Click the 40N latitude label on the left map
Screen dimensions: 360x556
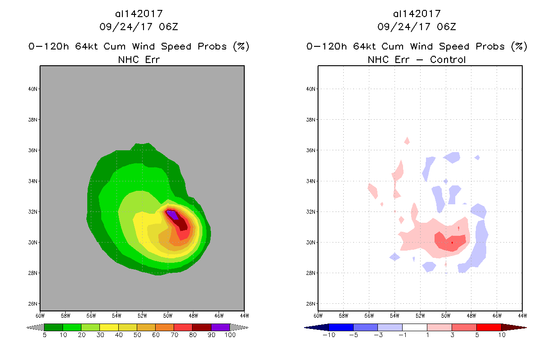[32, 89]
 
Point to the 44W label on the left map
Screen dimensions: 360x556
[244, 315]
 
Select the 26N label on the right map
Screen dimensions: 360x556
[310, 303]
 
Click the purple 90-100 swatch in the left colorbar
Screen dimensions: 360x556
[220, 327]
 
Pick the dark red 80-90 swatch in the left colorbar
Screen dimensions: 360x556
[202, 327]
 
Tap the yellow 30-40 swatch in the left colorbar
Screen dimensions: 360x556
[109, 327]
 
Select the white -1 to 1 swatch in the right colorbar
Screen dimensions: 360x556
[414, 327]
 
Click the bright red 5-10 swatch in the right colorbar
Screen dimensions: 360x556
[489, 327]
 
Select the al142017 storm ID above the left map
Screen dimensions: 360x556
[139, 14]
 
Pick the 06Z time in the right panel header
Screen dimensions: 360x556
[446, 27]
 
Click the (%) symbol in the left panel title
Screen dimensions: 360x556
[240, 46]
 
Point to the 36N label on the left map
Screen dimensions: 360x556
[32, 150]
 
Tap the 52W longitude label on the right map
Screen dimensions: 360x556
[420, 315]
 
